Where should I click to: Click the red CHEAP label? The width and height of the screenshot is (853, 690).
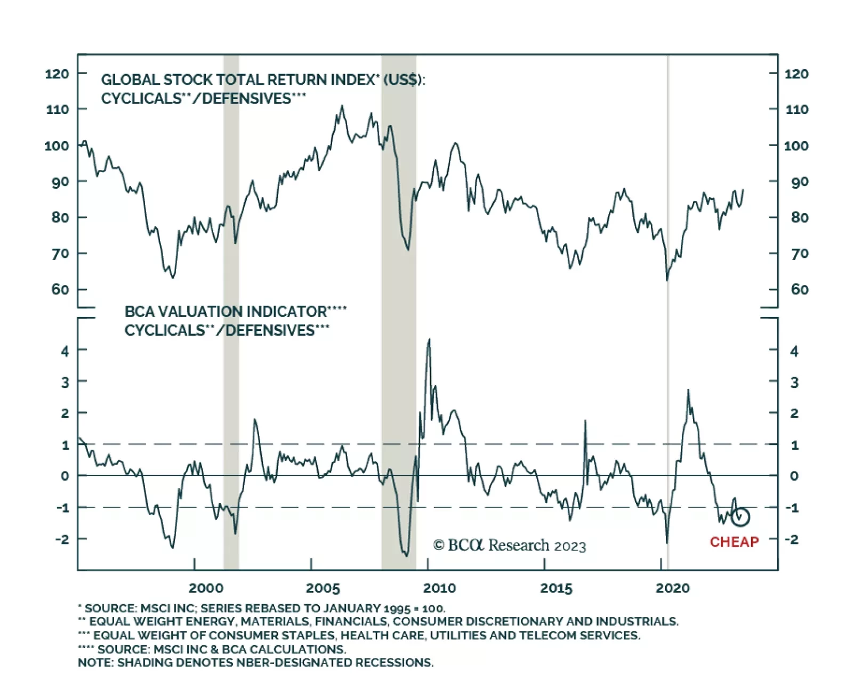pos(734,542)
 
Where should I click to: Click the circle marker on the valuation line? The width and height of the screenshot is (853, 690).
pos(741,516)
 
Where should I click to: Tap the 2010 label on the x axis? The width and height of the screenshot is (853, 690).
pos(439,588)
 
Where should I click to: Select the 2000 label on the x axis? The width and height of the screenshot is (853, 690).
pos(206,588)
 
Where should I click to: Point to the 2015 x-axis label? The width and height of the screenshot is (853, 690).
pos(556,588)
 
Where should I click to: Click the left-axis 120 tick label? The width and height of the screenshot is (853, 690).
pos(57,74)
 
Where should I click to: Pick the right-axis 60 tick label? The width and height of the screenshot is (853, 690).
pos(799,289)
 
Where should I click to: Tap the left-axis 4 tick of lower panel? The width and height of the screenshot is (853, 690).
pos(65,351)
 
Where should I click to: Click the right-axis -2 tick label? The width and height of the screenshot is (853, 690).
pos(792,539)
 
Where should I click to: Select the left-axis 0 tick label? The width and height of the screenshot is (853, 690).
pos(65,476)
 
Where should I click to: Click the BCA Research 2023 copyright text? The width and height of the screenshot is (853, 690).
pos(509,546)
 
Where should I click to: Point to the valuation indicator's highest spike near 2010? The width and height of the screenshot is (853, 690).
pos(429,339)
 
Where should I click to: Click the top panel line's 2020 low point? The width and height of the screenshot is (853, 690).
pos(667,280)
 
